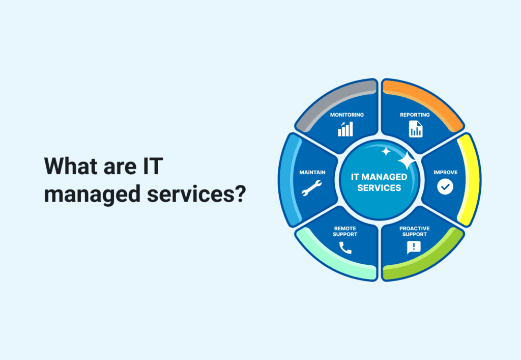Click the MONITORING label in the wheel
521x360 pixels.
click(x=346, y=115)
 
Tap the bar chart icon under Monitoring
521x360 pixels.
click(x=345, y=129)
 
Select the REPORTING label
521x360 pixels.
click(x=415, y=115)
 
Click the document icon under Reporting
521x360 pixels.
click(x=415, y=129)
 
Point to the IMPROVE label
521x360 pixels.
click(x=445, y=172)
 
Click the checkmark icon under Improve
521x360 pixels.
click(x=445, y=187)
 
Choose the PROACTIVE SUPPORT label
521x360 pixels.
click(x=415, y=231)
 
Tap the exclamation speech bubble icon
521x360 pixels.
click(x=414, y=247)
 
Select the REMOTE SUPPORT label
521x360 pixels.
click(x=345, y=231)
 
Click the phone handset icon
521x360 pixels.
click(x=345, y=248)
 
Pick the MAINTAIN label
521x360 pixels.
click(x=312, y=172)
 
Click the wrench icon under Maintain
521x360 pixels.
click(x=311, y=188)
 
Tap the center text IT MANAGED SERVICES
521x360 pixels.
click(x=379, y=182)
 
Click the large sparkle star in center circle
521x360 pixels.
click(x=407, y=161)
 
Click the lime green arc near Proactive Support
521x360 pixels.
click(x=425, y=262)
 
